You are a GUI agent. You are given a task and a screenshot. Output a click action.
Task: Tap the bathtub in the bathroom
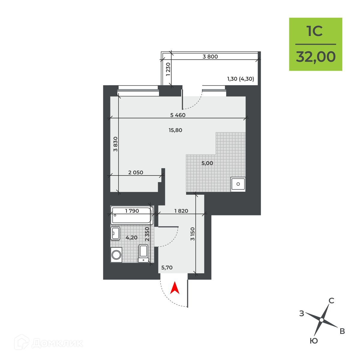click(x=132, y=215)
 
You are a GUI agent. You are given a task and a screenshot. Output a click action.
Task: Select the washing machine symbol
click(x=116, y=255)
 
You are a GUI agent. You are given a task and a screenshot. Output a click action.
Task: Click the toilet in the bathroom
click(x=143, y=253)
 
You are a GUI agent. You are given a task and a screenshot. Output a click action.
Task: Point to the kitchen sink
click(x=238, y=184)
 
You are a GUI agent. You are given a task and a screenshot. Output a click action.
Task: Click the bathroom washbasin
click(x=115, y=233)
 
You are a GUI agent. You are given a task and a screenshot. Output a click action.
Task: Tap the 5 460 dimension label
click(x=178, y=115)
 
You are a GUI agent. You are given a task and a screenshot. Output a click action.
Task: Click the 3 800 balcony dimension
click(x=210, y=56)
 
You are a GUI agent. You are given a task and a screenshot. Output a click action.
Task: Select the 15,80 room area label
click(x=175, y=130)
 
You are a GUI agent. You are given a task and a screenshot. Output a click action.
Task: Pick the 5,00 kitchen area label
click(x=207, y=163)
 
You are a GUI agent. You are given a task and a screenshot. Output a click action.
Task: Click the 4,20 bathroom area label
click(x=131, y=237)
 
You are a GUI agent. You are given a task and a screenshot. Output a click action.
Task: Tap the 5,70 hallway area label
click(x=167, y=268)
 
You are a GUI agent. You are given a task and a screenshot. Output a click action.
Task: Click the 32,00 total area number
click(x=316, y=57)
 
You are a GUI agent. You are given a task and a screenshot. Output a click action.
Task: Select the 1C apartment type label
click(x=315, y=31)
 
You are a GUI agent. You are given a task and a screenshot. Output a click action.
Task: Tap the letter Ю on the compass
click(x=314, y=341)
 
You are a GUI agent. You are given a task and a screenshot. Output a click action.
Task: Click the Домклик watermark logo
click(x=49, y=343)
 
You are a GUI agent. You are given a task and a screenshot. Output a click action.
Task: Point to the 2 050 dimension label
click(x=136, y=172)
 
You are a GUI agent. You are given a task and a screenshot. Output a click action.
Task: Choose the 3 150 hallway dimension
click(x=192, y=234)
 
